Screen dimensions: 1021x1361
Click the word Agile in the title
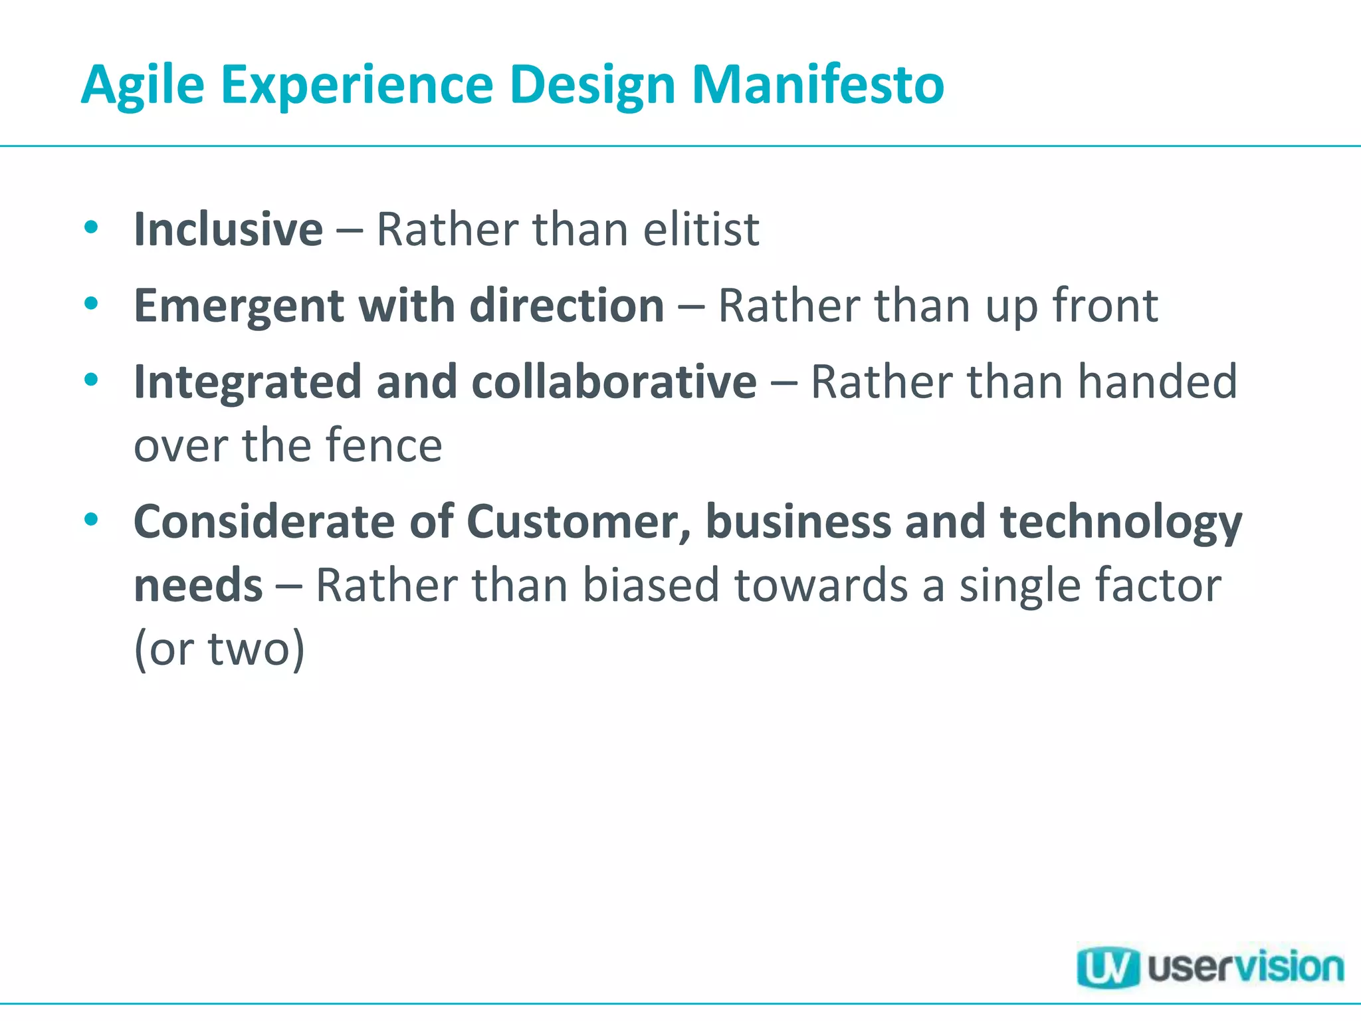[x=142, y=85]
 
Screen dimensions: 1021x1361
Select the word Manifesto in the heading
[x=817, y=85]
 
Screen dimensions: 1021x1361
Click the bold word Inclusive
[x=228, y=229]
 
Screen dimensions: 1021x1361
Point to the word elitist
[x=701, y=229]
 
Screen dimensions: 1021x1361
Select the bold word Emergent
[x=239, y=306]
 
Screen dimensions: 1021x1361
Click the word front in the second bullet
[x=1105, y=306]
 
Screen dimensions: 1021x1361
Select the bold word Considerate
[x=264, y=522]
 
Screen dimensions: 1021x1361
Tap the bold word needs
[x=198, y=586]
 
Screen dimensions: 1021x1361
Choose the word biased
[x=651, y=585]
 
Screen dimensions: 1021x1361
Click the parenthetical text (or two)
[x=219, y=649]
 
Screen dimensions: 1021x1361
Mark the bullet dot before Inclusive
[x=91, y=227]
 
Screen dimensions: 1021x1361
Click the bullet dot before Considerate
[x=91, y=520]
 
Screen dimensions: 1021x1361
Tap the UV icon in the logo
[x=1107, y=967]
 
